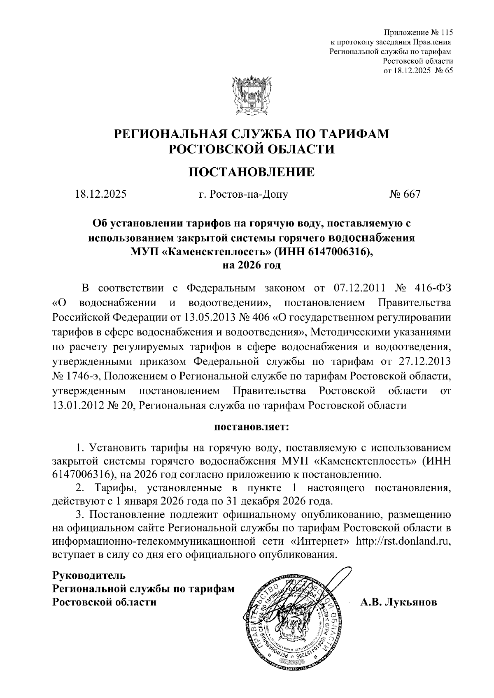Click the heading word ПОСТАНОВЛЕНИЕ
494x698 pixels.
click(252, 171)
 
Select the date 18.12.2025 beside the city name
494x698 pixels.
click(100, 194)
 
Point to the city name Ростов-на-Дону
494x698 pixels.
click(243, 194)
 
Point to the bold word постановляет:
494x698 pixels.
click(252, 427)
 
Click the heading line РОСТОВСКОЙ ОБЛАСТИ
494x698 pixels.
click(252, 149)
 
